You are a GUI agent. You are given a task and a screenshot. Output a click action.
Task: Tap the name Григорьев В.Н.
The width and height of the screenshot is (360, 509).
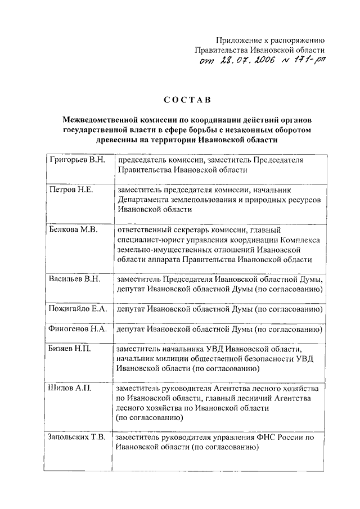76,160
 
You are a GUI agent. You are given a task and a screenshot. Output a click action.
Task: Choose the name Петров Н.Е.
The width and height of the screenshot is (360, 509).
70,190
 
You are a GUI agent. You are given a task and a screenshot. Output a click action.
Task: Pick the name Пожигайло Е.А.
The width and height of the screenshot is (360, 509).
78,309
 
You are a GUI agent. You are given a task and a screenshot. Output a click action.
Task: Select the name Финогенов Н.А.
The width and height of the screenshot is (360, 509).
78,330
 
